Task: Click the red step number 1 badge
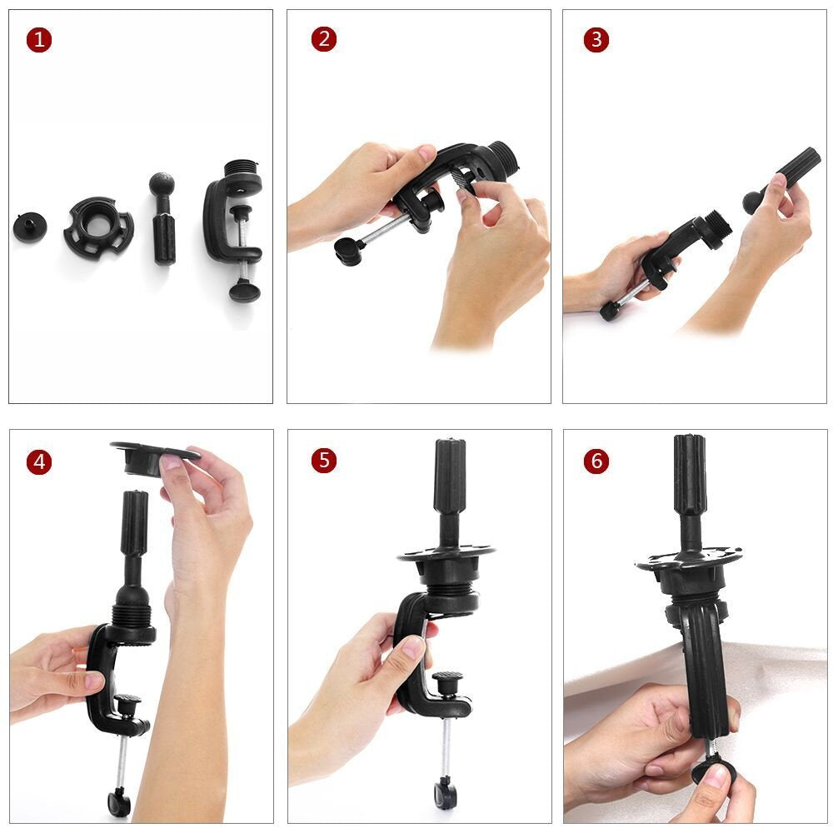pyautogui.click(x=38, y=40)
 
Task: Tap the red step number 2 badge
pyautogui.click(x=324, y=40)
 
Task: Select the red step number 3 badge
pyautogui.click(x=596, y=40)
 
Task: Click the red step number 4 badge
pyautogui.click(x=38, y=461)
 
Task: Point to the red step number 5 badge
pyautogui.click(x=324, y=461)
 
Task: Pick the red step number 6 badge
pyautogui.click(x=596, y=461)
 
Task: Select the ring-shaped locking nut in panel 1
pyautogui.click(x=98, y=226)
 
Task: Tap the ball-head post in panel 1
pyautogui.click(x=163, y=219)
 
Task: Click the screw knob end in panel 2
pyautogui.click(x=349, y=249)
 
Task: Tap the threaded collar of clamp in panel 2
pyautogui.click(x=501, y=156)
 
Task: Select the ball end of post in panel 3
pyautogui.click(x=753, y=201)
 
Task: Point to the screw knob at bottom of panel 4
pyautogui.click(x=119, y=803)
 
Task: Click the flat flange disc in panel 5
pyautogui.click(x=446, y=552)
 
